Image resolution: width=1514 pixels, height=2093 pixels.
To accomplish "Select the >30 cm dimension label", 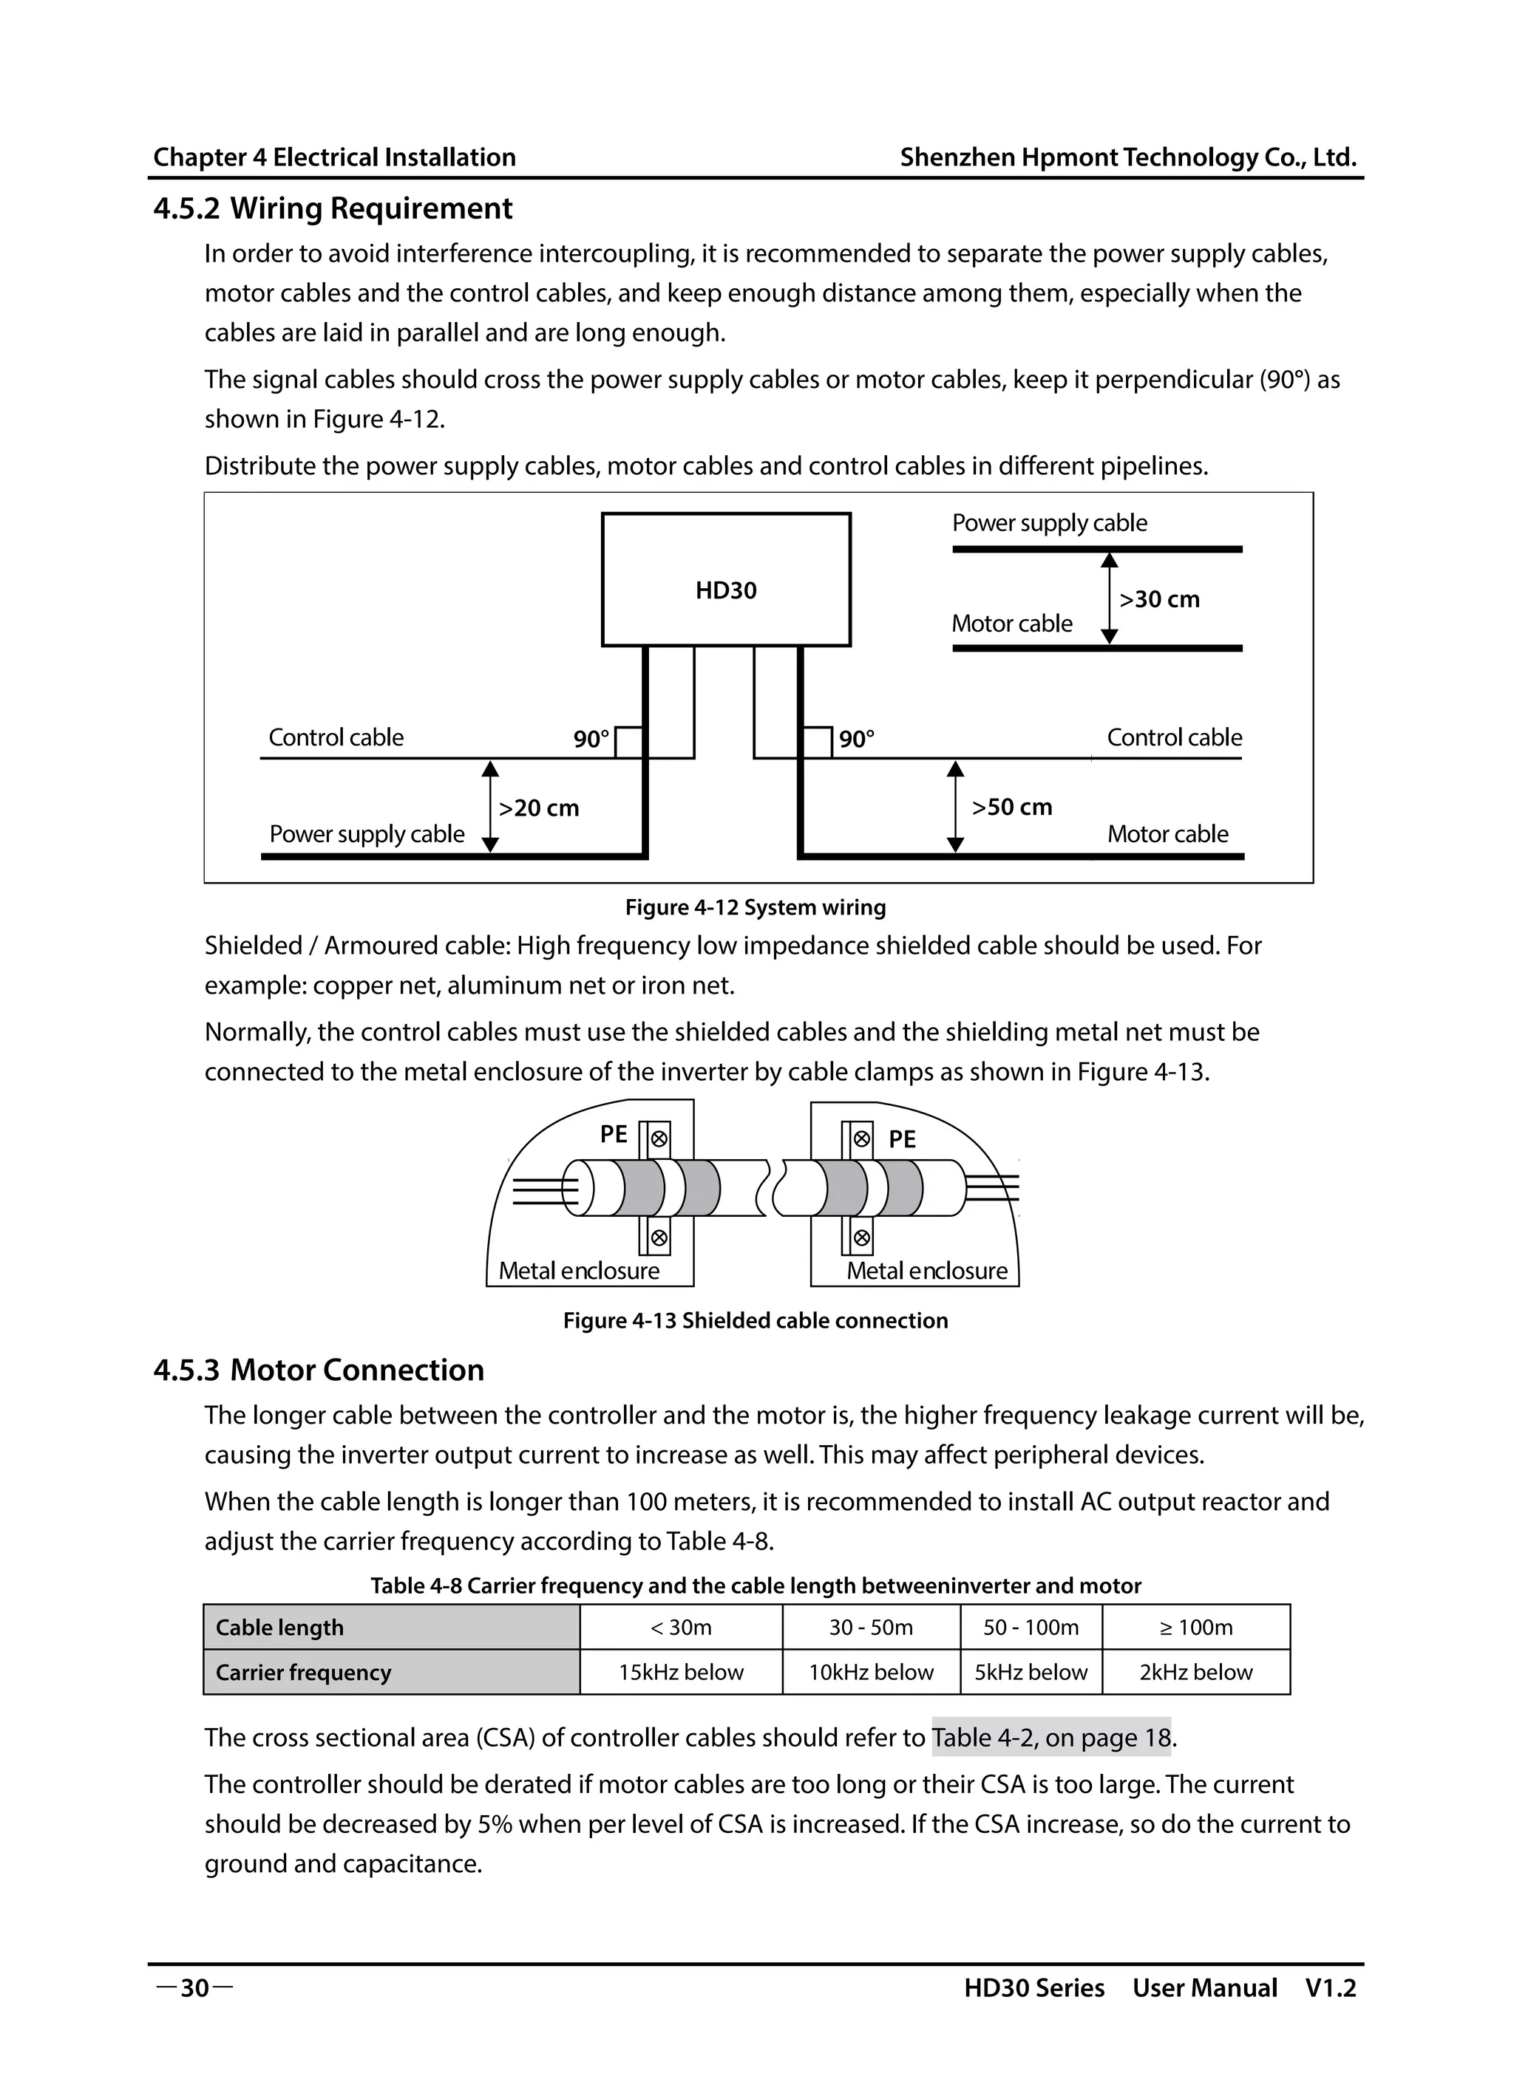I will pyautogui.click(x=1159, y=600).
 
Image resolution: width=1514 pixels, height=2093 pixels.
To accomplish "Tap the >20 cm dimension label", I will pyautogui.click(x=538, y=808).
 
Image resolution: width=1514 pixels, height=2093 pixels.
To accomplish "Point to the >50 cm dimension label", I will pyautogui.click(x=1012, y=808).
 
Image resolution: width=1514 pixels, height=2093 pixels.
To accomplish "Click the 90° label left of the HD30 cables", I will pyautogui.click(x=591, y=740).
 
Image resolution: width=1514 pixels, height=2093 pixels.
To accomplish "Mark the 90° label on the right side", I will pyautogui.click(x=857, y=740).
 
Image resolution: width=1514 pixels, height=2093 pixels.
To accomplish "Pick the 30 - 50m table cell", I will pyautogui.click(x=871, y=1627).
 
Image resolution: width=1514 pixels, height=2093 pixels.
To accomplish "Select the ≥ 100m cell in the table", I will pyautogui.click(x=1195, y=1627).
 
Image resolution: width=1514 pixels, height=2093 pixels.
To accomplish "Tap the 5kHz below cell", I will pyautogui.click(x=1031, y=1672).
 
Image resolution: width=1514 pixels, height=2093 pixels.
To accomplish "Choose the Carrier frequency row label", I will pyautogui.click(x=303, y=1672).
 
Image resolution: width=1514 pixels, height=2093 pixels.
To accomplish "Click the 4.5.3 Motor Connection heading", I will pyautogui.click(x=319, y=1370).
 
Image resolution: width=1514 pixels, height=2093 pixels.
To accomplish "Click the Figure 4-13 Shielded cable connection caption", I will pyautogui.click(x=756, y=1320).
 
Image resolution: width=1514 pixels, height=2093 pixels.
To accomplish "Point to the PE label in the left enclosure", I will pyautogui.click(x=613, y=1134).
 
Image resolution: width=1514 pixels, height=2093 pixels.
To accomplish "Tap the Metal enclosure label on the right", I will pyautogui.click(x=927, y=1271).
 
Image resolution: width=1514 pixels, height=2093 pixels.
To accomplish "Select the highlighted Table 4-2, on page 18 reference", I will pyautogui.click(x=1050, y=1738).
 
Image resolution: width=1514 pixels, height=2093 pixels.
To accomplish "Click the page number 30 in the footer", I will pyautogui.click(x=194, y=1988).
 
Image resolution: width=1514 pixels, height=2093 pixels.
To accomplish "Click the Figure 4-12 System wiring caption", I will pyautogui.click(x=756, y=907).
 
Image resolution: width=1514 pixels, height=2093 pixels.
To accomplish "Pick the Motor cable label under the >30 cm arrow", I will pyautogui.click(x=1012, y=624).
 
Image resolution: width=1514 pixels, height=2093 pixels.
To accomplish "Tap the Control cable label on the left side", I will pyautogui.click(x=336, y=737).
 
